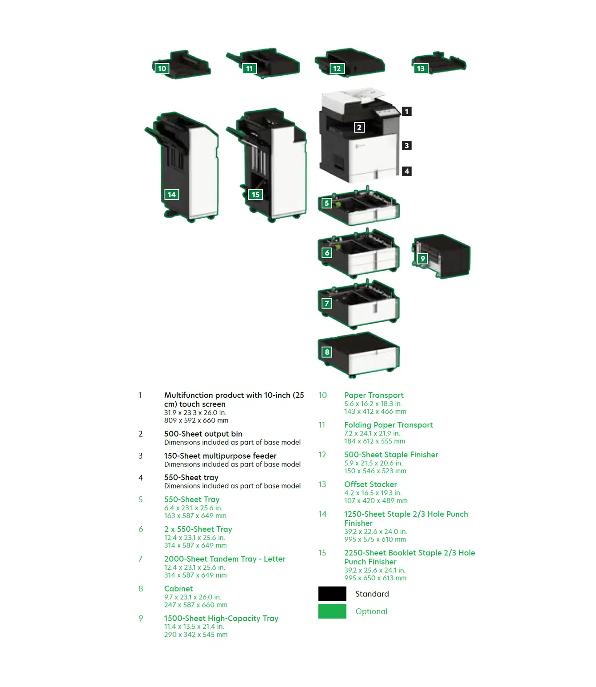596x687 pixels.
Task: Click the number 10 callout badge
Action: (x=162, y=68)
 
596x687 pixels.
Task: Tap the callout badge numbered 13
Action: (x=420, y=68)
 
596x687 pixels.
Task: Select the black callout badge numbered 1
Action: (x=406, y=111)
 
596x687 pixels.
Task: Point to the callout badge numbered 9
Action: (x=422, y=259)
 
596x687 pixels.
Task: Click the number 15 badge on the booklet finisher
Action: (x=255, y=195)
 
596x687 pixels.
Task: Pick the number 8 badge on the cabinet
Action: (x=326, y=352)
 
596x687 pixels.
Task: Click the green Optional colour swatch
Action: (x=332, y=611)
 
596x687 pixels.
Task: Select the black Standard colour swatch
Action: (x=332, y=594)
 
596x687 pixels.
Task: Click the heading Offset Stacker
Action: (x=370, y=484)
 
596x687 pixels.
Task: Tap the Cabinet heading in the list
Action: (x=178, y=589)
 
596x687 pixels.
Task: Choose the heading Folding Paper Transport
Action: (x=388, y=425)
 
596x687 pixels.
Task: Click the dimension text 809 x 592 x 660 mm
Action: (x=196, y=420)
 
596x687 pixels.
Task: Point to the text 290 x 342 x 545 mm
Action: (x=196, y=634)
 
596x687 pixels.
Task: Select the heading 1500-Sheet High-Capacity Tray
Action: (x=221, y=618)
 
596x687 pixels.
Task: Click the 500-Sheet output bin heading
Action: (x=203, y=434)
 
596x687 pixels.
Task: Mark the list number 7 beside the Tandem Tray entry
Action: (x=141, y=559)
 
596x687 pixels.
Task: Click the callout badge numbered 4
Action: (x=406, y=171)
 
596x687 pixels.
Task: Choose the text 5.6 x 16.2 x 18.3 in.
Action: (x=373, y=403)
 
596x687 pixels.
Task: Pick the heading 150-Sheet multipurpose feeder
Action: (x=220, y=455)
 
